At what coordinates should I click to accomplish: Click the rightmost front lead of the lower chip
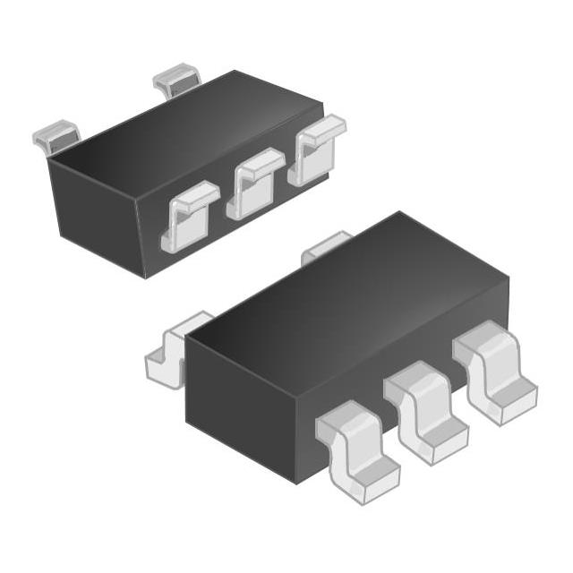pos(493,377)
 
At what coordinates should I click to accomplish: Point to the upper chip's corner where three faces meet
pos(51,162)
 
